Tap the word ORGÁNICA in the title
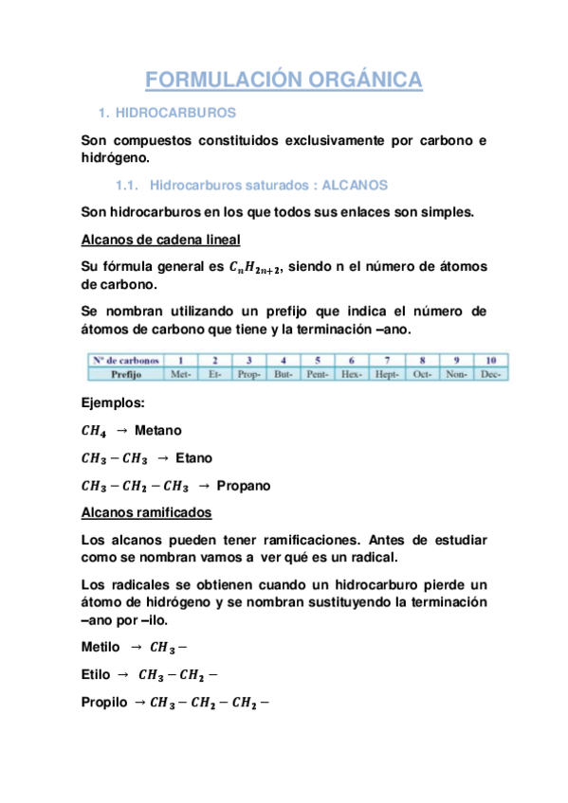365,80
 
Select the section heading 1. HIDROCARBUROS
168,113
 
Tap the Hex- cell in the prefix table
351,374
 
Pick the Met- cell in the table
180,374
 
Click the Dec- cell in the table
490,374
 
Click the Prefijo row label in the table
123,374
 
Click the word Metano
158,430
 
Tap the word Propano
244,486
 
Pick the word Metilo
101,647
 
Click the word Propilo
103,703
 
